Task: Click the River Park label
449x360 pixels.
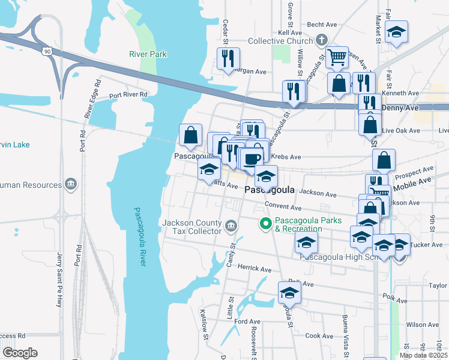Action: (x=148, y=54)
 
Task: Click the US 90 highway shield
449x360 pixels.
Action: (x=46, y=52)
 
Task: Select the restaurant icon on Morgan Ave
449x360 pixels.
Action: (x=228, y=58)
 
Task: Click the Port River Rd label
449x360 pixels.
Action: (x=128, y=95)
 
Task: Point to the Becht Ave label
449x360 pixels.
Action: (x=322, y=25)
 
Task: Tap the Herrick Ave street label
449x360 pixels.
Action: (x=255, y=268)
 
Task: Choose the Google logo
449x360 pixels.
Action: (x=20, y=353)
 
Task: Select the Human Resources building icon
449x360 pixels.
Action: (x=71, y=184)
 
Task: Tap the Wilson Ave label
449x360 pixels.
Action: (x=422, y=325)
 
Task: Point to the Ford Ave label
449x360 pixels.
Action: (x=247, y=322)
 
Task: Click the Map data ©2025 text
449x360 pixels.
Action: (x=423, y=355)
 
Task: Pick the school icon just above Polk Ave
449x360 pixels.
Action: (x=289, y=292)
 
